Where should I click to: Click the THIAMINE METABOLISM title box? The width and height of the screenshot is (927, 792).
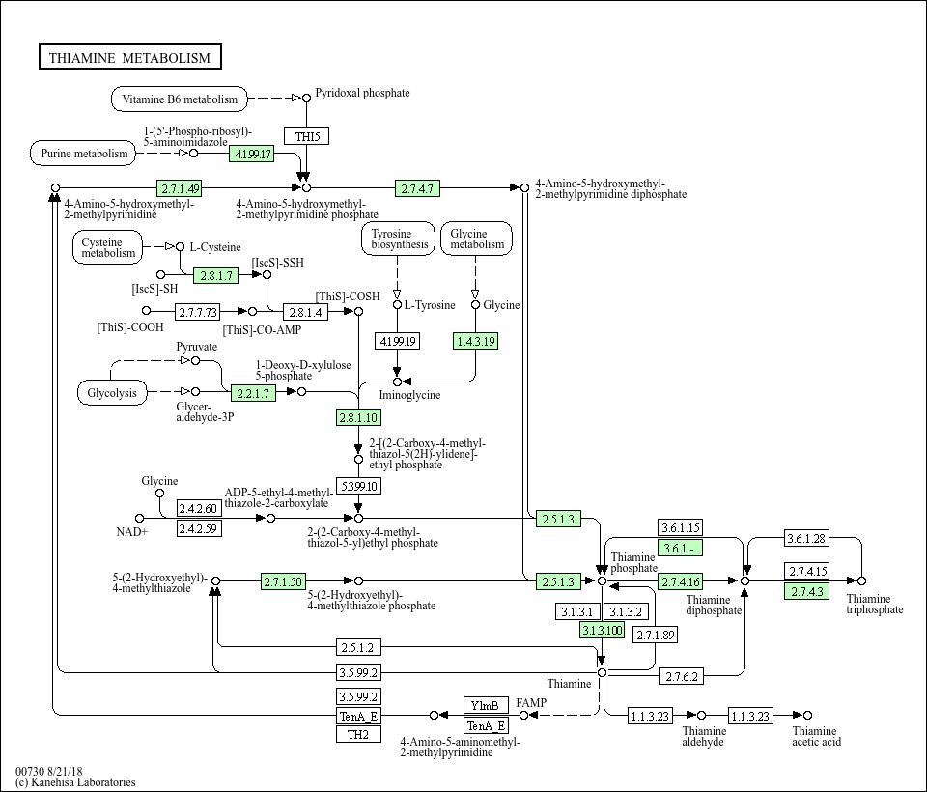click(x=129, y=58)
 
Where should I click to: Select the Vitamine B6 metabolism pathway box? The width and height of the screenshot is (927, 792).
click(x=180, y=99)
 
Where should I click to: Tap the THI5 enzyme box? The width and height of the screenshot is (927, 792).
click(x=306, y=136)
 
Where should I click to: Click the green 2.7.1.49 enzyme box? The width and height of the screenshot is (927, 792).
click(x=181, y=187)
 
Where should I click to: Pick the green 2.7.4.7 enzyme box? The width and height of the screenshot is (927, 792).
click(x=418, y=187)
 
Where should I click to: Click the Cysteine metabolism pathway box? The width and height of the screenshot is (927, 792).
click(x=108, y=247)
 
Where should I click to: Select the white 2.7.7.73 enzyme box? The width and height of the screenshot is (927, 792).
click(x=198, y=312)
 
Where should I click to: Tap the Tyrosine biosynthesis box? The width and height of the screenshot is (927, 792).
click(x=398, y=239)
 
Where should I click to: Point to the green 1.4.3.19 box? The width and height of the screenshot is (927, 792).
click(x=475, y=341)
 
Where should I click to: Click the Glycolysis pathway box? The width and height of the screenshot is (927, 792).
click(x=112, y=393)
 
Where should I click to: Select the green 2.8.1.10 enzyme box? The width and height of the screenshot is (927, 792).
click(x=358, y=417)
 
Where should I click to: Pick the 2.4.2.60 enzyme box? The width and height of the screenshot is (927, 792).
click(x=198, y=509)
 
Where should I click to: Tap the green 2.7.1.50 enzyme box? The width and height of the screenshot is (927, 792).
click(x=284, y=581)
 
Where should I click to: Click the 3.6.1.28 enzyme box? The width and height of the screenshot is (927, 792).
click(x=806, y=538)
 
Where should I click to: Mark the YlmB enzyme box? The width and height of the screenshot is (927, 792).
click(x=486, y=705)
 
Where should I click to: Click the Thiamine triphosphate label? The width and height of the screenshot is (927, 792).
click(x=875, y=604)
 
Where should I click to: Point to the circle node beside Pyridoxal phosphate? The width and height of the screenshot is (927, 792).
click(x=306, y=98)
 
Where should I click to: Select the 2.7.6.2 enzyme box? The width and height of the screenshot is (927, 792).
click(x=682, y=677)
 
